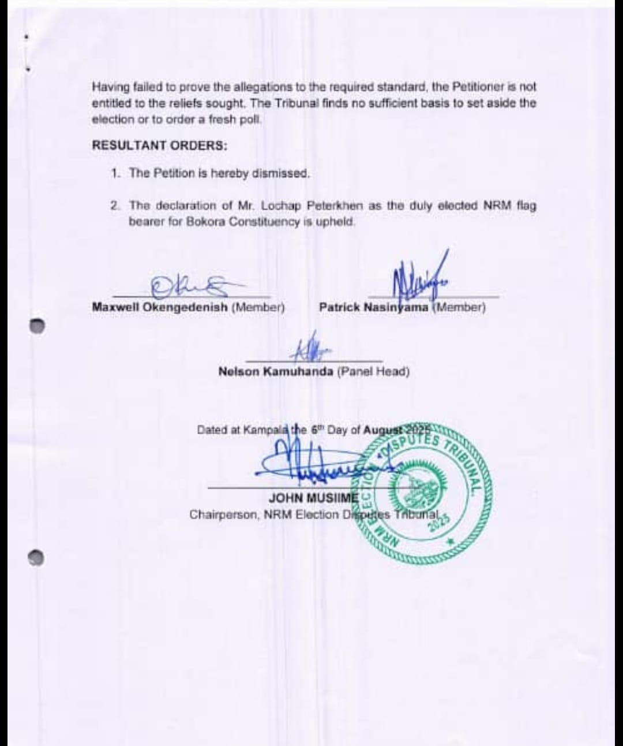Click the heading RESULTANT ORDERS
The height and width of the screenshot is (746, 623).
tap(159, 146)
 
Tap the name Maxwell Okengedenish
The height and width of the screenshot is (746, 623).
tap(160, 307)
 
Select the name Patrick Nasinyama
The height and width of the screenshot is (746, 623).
tap(373, 307)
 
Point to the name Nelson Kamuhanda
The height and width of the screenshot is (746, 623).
tap(276, 371)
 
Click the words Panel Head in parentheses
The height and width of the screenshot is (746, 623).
tap(373, 371)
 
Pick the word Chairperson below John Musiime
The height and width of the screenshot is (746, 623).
tap(223, 514)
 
